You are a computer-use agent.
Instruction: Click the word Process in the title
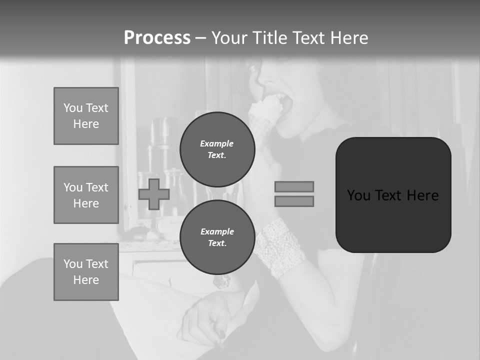(157, 38)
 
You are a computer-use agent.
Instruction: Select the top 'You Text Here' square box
(86, 116)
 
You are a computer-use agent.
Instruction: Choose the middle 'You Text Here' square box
(86, 195)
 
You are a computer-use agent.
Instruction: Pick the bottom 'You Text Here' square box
(86, 272)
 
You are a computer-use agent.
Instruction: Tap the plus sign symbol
(154, 194)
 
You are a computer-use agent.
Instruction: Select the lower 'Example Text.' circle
(217, 237)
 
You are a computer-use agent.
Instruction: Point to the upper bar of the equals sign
(294, 186)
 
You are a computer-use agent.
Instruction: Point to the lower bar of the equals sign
(294, 201)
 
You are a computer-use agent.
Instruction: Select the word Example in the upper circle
(217, 143)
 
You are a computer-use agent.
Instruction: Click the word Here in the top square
(86, 124)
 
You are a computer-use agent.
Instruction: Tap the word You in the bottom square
(73, 264)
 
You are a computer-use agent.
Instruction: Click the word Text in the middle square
(97, 187)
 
